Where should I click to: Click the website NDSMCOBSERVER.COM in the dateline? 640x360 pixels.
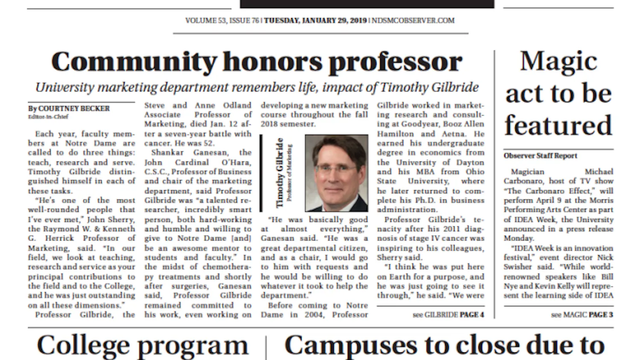(413, 20)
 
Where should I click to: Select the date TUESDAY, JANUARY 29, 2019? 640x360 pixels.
(315, 20)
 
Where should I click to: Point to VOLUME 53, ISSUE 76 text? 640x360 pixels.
(222, 20)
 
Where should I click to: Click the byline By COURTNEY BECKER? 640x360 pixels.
(69, 108)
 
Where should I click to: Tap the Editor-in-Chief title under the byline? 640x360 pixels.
(48, 116)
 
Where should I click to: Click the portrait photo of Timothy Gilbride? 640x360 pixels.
(336, 173)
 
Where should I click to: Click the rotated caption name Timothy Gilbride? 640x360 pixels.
(279, 173)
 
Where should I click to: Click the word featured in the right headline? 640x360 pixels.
(559, 125)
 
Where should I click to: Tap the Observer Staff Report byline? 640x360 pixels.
(540, 156)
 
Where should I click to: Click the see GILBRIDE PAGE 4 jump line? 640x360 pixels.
(448, 315)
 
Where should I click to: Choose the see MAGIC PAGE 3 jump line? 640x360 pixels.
(582, 315)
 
